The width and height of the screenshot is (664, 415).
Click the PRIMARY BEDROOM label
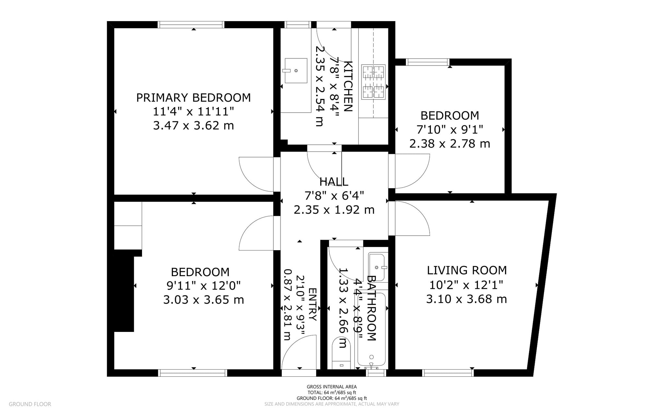pyautogui.click(x=193, y=98)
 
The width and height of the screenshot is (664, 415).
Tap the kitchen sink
pyautogui.click(x=296, y=71)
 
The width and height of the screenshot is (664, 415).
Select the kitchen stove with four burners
pyautogui.click(x=373, y=82)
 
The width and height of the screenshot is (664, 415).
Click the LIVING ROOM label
pyautogui.click(x=467, y=270)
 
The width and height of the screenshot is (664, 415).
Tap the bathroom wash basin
pyautogui.click(x=378, y=267)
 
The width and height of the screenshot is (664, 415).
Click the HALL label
pyautogui.click(x=334, y=182)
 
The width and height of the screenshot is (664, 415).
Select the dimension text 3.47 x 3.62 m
pyautogui.click(x=193, y=126)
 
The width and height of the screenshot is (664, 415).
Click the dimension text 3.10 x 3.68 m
pyautogui.click(x=467, y=299)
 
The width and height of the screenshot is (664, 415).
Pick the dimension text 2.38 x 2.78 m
pyautogui.click(x=450, y=143)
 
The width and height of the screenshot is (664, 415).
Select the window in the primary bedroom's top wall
pyautogui.click(x=191, y=25)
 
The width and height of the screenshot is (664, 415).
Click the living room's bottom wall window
pyautogui.click(x=448, y=373)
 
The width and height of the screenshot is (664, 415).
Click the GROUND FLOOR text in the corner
pyautogui.click(x=30, y=404)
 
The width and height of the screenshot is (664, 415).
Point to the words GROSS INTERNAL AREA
pyautogui.click(x=332, y=387)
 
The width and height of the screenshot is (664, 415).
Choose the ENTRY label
pyautogui.click(x=312, y=304)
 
